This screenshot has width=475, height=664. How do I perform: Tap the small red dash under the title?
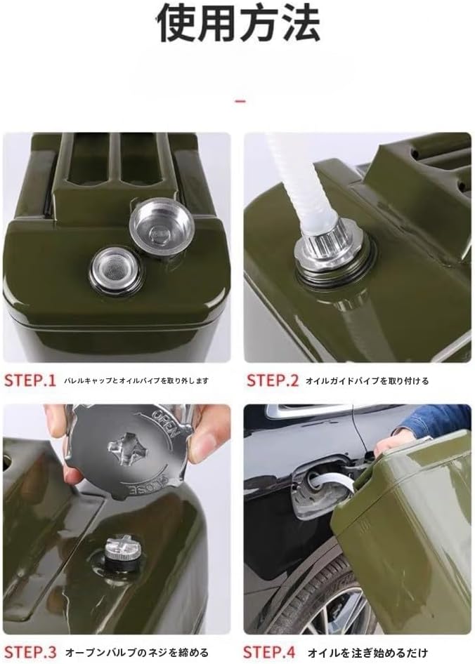pos(240,101)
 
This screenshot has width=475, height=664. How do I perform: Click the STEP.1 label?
pos(30,381)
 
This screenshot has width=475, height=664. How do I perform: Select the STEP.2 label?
pos(273,381)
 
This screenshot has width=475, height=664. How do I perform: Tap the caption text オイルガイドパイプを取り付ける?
pos(366,381)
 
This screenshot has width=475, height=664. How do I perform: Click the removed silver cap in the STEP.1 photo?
pos(162,224)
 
